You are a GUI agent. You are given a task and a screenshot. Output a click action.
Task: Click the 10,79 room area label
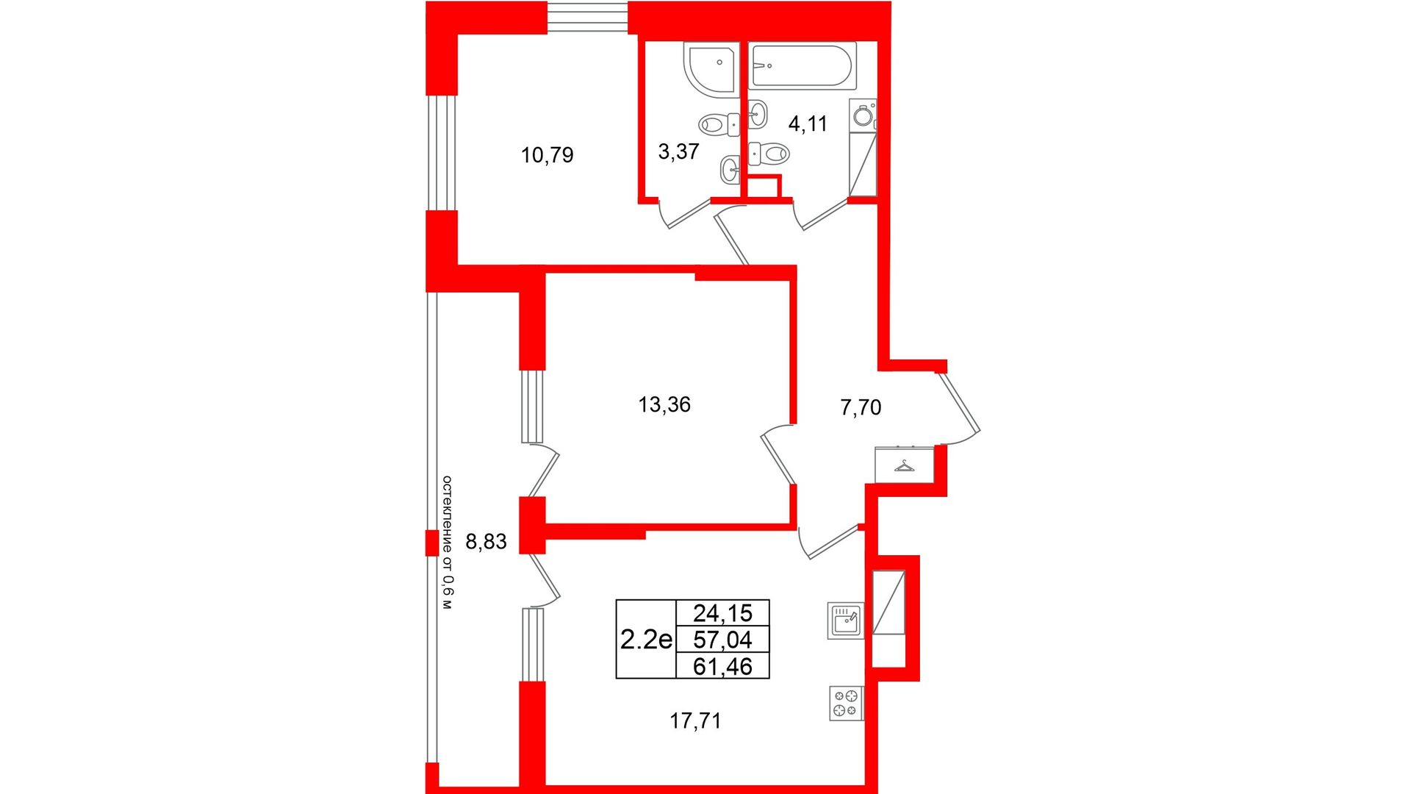point(547,155)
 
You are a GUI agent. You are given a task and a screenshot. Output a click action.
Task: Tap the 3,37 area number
point(678,151)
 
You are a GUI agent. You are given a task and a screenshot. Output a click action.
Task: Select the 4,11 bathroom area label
point(808,124)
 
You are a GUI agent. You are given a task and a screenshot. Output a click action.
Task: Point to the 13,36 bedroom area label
point(664,404)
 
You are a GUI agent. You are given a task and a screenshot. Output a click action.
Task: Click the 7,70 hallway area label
point(861,407)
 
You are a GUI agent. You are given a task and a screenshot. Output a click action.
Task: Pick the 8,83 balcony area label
point(486,542)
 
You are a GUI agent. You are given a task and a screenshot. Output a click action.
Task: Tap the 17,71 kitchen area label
point(695,721)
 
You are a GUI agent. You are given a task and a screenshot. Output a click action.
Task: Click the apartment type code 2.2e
point(646,640)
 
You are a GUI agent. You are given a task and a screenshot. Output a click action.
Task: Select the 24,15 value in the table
point(722,612)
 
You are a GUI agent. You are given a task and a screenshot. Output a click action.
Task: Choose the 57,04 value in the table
point(722,640)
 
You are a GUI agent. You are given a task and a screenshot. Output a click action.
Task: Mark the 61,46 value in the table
point(722,666)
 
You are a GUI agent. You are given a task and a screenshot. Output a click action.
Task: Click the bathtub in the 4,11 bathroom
point(802,66)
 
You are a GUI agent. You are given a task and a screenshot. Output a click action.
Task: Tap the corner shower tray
point(711,68)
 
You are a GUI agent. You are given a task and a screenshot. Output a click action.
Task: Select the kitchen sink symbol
point(845,620)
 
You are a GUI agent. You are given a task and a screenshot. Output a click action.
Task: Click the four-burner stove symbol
point(846,703)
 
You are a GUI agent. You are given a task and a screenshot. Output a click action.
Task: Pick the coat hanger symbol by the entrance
point(904,465)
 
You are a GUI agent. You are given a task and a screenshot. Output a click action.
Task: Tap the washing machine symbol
point(864,115)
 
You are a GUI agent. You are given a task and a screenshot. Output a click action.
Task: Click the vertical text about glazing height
point(447,543)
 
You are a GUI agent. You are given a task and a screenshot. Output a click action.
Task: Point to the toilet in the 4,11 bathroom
point(769,154)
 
